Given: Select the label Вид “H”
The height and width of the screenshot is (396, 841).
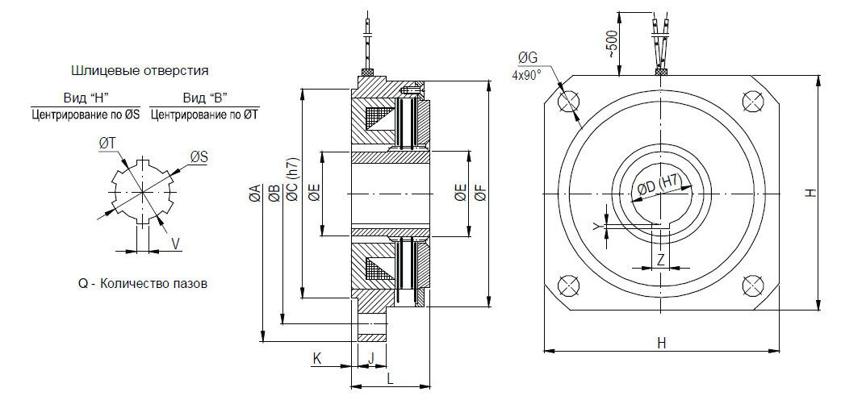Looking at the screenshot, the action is tap(86, 98).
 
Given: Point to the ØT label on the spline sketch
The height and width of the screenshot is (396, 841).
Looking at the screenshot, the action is tap(107, 144).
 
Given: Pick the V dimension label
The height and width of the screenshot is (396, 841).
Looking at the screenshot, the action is tap(175, 244).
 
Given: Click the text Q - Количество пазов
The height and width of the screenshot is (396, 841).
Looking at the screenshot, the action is tap(143, 283).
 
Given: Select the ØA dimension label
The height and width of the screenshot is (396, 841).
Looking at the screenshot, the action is tap(255, 193).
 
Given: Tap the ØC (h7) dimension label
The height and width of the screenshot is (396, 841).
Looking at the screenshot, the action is tap(292, 180).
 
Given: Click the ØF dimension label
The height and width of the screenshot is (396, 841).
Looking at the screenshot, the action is tap(481, 193).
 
